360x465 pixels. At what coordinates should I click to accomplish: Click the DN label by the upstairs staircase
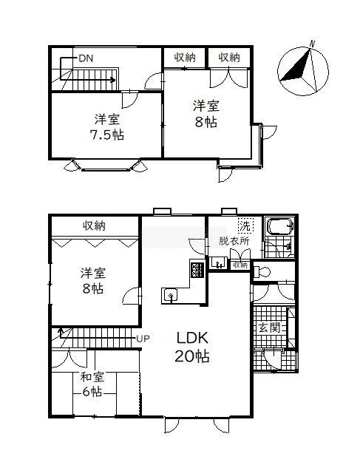pyautogui.click(x=86, y=58)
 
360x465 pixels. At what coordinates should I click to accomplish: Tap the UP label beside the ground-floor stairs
pyautogui.click(x=143, y=338)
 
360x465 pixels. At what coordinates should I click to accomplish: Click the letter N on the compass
pyautogui.click(x=312, y=44)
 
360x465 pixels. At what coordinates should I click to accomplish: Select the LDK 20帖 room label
pyautogui.click(x=192, y=347)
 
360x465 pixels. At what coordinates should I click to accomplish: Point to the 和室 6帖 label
pyautogui.click(x=92, y=384)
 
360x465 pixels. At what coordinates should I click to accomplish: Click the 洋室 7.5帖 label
pyautogui.click(x=107, y=127)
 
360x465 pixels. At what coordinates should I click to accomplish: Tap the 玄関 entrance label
pyautogui.click(x=269, y=328)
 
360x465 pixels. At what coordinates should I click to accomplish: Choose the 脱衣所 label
pyautogui.click(x=234, y=241)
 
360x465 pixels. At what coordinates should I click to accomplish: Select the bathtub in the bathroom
pyautogui.click(x=280, y=227)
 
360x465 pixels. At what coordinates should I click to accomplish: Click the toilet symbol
pyautogui.click(x=262, y=271)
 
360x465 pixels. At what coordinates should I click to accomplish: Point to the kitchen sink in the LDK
pyautogui.click(x=170, y=296)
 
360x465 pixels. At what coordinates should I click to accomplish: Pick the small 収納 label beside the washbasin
pyautogui.click(x=240, y=265)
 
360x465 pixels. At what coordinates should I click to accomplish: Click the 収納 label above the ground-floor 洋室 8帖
pyautogui.click(x=94, y=226)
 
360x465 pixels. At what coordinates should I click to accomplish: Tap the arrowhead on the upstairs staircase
pyautogui.click(x=113, y=80)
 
